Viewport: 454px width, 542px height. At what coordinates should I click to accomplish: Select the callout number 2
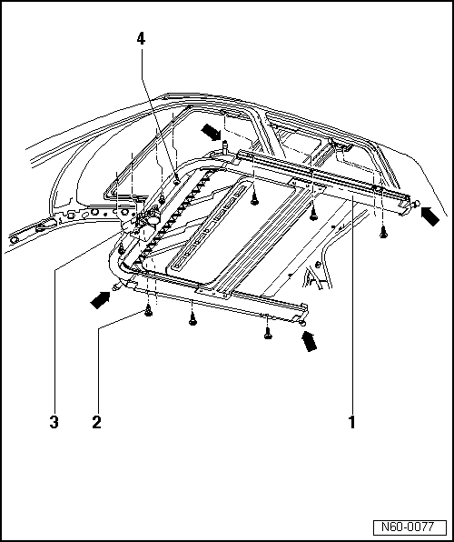[96, 422]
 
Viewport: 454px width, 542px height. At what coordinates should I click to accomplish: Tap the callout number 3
[54, 422]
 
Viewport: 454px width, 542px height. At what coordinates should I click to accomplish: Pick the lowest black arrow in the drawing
[310, 341]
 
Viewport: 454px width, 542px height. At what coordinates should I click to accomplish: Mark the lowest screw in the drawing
[267, 335]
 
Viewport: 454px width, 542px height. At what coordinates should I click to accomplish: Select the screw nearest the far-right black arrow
[382, 232]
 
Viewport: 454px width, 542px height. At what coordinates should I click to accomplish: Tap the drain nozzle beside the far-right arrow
[416, 208]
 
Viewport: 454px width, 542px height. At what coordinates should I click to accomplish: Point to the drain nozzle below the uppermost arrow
[222, 146]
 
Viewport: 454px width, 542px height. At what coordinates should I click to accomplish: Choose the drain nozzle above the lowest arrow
[302, 322]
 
